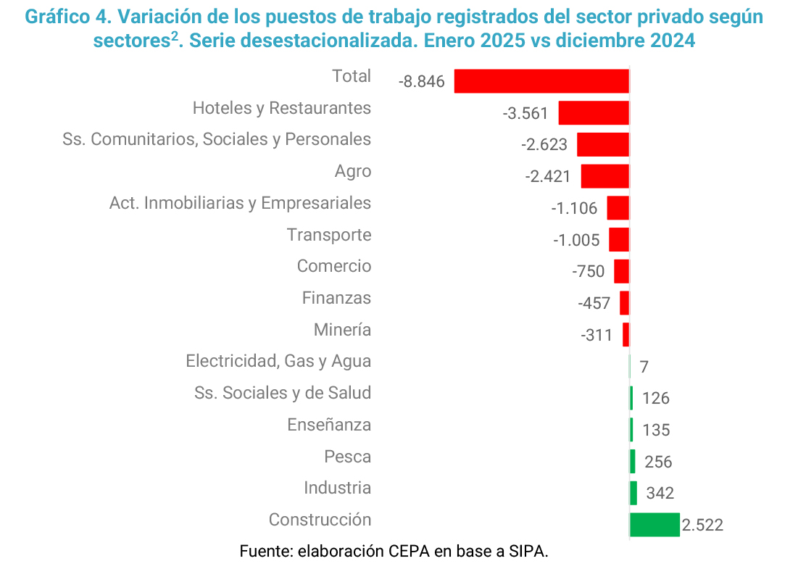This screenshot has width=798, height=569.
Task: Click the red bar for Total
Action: click(541, 81)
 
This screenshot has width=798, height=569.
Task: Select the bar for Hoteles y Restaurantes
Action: click(594, 113)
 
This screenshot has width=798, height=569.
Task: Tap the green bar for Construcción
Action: click(654, 525)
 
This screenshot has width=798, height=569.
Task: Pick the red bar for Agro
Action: click(604, 176)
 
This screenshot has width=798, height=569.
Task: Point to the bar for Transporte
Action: click(619, 239)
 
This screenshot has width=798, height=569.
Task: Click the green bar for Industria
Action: click(633, 493)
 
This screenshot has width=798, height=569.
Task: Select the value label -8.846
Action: click(421, 82)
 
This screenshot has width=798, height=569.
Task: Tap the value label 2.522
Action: click(702, 525)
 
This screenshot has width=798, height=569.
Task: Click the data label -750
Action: click(588, 272)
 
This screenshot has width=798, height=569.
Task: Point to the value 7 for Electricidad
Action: click(644, 367)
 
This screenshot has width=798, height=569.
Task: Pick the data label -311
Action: click(596, 336)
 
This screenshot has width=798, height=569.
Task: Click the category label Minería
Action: click(342, 330)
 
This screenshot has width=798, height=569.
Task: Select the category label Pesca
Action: click(348, 457)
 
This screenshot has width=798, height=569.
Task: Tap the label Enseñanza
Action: click(329, 425)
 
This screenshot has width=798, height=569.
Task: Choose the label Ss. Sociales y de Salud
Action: click(283, 393)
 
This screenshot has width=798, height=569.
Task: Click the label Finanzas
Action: click(336, 298)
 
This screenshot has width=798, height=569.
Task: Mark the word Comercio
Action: click(334, 266)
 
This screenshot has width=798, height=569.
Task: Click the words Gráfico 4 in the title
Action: click(63, 17)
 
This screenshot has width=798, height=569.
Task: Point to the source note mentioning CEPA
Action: click(394, 551)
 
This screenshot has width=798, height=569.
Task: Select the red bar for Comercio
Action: click(621, 271)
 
